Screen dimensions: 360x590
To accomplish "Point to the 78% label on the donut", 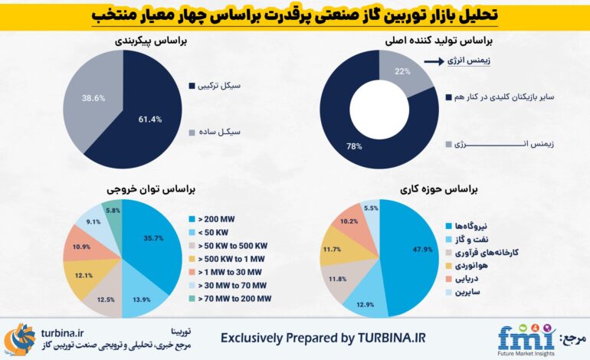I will pyautogui.click(x=355, y=146).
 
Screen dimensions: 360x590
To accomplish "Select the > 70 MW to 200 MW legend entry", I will pyautogui.click(x=230, y=299).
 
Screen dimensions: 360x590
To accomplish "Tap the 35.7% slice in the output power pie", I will pyautogui.click(x=153, y=238).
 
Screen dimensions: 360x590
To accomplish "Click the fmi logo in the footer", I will pyautogui.click(x=525, y=338).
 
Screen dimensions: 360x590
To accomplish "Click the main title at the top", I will pyautogui.click(x=296, y=15).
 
